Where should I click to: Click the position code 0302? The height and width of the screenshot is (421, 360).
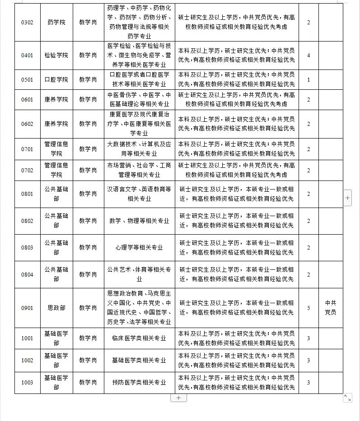tap(27, 23)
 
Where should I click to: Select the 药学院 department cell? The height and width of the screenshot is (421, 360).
tap(56, 23)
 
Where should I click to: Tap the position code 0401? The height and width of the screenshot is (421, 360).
tap(27, 56)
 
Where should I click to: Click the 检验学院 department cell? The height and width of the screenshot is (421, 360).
tap(56, 56)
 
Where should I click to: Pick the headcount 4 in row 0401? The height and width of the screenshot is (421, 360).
tap(309, 56)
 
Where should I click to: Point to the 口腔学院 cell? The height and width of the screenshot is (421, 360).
tap(56, 80)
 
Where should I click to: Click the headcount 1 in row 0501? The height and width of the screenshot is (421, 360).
tap(309, 80)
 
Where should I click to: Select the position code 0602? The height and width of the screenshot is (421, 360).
tap(27, 124)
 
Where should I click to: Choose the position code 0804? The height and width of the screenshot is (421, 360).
tap(27, 274)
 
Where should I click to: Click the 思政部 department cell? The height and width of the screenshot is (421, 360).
tap(56, 308)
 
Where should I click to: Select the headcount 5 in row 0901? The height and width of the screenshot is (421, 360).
tap(309, 308)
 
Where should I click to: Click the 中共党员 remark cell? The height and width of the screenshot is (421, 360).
tap(331, 308)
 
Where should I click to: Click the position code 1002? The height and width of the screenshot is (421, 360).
tap(27, 360)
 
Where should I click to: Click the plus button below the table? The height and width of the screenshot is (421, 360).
tap(178, 398)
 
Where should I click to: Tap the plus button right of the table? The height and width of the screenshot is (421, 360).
tap(347, 198)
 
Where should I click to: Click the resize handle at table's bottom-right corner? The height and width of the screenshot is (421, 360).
tap(347, 398)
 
